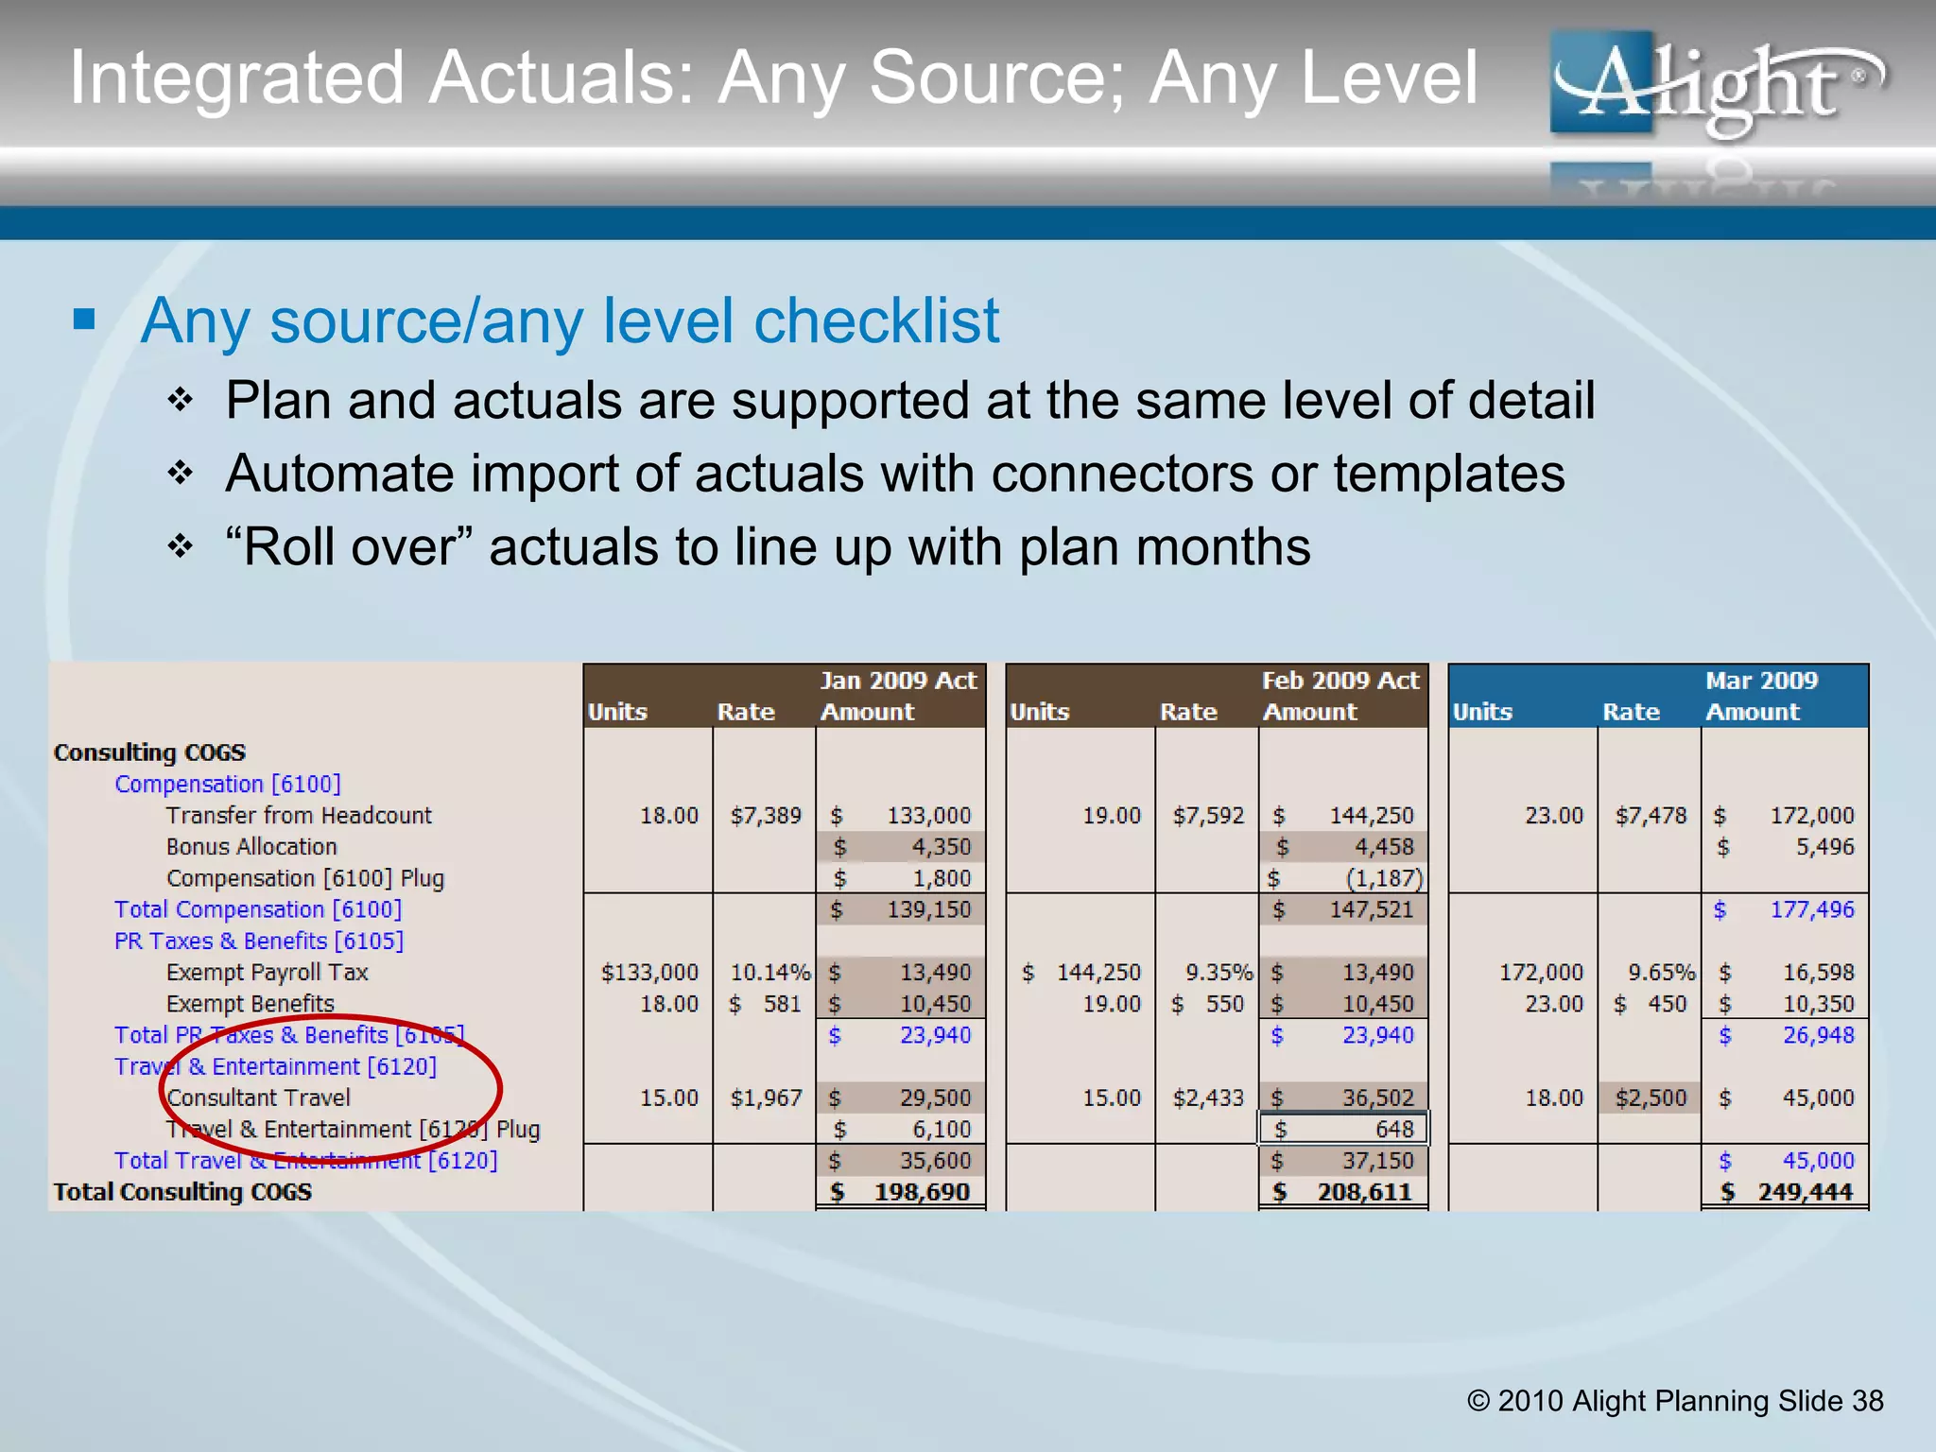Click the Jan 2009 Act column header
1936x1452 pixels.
coord(897,681)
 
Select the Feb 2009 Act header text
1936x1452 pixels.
coord(1340,681)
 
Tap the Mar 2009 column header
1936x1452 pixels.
coord(1761,681)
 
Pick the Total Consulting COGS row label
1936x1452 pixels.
coord(182,1192)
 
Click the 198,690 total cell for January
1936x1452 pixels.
coord(921,1192)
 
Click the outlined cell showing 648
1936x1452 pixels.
coord(1342,1129)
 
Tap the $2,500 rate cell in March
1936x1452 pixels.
coord(1650,1098)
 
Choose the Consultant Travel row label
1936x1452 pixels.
coord(258,1098)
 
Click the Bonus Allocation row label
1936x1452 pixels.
coord(251,846)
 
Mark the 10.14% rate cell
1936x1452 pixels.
coord(769,972)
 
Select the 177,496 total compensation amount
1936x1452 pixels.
coord(1811,909)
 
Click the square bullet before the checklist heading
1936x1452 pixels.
coord(84,319)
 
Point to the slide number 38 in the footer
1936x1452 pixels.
coord(1867,1400)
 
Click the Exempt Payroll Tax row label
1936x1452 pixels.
coord(267,972)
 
